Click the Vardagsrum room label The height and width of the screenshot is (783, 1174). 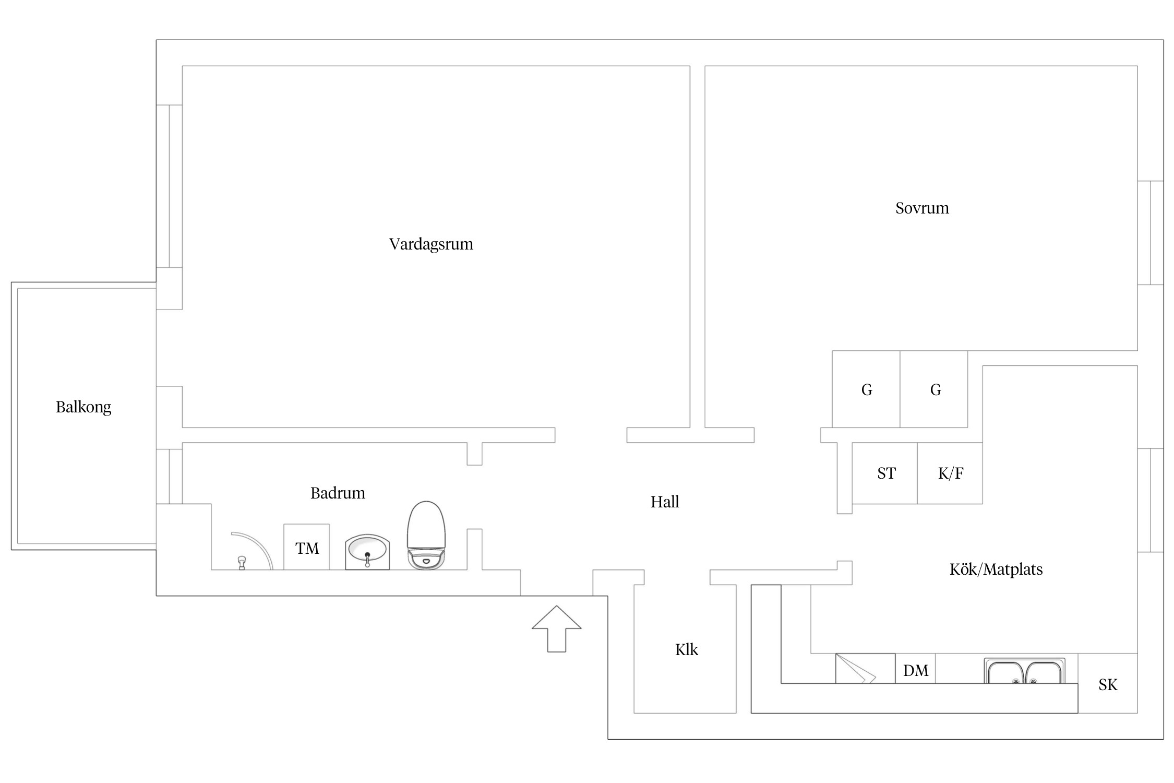coord(431,244)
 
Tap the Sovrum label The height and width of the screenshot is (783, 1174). coord(922,208)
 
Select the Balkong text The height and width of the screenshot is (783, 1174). coord(83,407)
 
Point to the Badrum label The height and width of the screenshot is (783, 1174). coord(338,493)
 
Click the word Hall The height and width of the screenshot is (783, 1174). coord(665,502)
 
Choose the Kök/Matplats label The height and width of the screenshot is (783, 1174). coord(996,570)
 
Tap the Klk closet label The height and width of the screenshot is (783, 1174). coord(686,650)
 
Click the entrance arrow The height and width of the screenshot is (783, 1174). coord(556,628)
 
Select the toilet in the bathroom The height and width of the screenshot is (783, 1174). coord(426,535)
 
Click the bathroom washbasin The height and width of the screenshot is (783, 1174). coord(367,551)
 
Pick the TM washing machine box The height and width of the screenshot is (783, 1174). coord(307,547)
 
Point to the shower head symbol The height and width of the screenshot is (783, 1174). coord(242,562)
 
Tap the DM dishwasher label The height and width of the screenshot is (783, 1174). coord(916,671)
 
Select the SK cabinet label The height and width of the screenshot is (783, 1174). coord(1108,684)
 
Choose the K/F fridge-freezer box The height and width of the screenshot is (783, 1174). coord(950,473)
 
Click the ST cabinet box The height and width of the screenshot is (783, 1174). coord(885,473)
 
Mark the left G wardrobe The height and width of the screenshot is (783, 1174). coord(866,389)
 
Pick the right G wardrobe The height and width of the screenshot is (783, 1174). coord(935,389)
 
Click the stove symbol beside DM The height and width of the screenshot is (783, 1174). coord(865,669)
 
